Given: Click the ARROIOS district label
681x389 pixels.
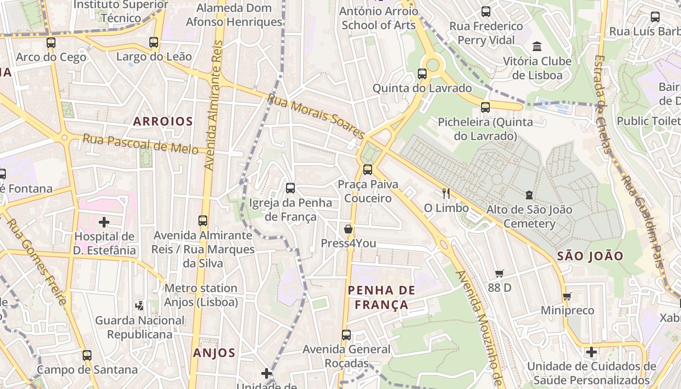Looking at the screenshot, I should pos(163,122).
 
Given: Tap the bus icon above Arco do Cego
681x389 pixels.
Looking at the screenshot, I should pos(51,43).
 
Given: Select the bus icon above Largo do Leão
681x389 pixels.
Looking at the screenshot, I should pos(154,42).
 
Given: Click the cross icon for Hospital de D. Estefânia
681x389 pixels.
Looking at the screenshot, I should pos(104,222).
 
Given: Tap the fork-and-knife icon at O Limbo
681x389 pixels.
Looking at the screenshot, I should pos(446,194).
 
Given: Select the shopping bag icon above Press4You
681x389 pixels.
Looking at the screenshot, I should pos(348,229).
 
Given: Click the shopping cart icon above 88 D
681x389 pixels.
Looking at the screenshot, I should pos(499,273).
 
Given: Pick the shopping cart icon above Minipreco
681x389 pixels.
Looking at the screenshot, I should pos(566,296).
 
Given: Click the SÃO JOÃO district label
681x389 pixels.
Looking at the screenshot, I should pos(590,256).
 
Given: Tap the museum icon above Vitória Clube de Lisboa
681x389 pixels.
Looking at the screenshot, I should pos(537,47).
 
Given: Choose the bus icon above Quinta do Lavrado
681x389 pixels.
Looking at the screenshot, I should pos(422,74).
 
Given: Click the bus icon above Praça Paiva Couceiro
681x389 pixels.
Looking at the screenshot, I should pos(368,170).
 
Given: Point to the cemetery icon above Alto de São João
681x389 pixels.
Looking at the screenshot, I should pos(529,195).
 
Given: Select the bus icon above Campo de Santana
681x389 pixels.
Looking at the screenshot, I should pos(87,355).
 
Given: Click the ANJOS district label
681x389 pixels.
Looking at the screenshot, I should pos(214,353).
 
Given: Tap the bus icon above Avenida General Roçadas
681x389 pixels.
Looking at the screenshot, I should pos(346,335).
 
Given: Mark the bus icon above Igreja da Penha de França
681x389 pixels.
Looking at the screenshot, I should pos(290,188).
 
